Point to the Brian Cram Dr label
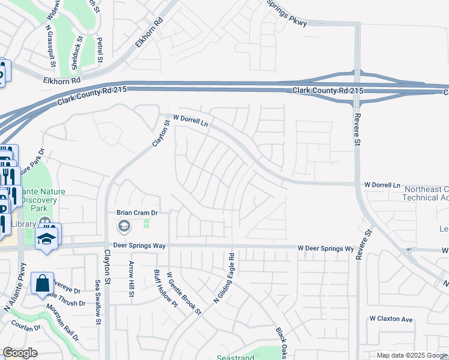pos(136,212)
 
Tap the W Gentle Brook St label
pos(184,292)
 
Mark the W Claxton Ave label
pos(391,319)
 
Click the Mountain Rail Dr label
pos(62,323)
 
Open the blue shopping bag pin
pos(43,283)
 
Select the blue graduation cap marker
pos(46,238)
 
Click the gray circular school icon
pos(124,226)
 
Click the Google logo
pos(20,353)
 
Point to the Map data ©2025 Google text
pos(411,355)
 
